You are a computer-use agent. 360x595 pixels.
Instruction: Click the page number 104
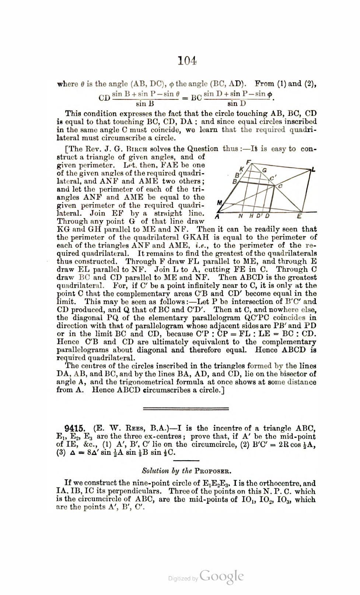coord(187,60)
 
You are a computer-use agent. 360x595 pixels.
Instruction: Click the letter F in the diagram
coord(248,162)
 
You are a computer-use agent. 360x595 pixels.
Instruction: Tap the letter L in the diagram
coord(313,169)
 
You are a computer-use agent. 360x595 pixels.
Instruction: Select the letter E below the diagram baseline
coord(299,216)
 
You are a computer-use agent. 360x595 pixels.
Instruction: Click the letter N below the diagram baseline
coord(241,216)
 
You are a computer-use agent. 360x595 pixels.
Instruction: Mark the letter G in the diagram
coord(264,170)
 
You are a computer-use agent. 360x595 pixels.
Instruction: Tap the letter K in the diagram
coord(241,169)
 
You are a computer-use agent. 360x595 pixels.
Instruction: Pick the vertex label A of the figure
coord(217,216)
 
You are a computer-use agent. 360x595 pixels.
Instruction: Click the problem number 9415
coord(75,428)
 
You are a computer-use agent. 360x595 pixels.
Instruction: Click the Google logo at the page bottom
coord(221,576)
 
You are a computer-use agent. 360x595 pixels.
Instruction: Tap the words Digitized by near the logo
coord(183,579)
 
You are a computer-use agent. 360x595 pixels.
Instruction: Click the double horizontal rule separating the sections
coord(186,408)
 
